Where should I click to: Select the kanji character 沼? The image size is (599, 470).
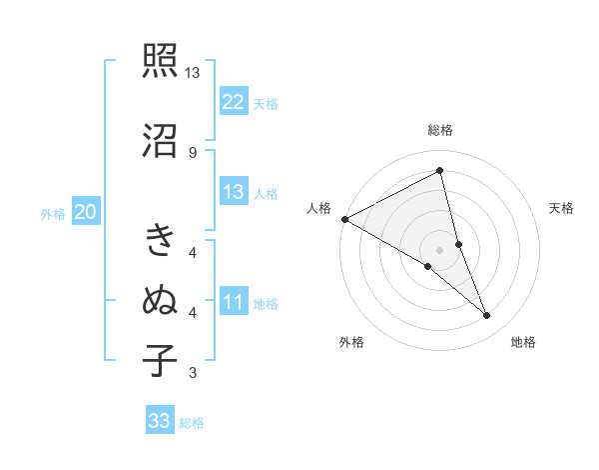click(160, 140)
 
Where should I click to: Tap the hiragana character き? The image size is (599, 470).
click(160, 240)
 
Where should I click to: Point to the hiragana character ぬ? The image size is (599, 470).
click(160, 299)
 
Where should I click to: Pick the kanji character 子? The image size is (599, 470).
click(160, 360)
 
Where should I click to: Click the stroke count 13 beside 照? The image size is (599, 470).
click(193, 73)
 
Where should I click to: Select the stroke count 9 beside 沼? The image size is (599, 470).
click(193, 152)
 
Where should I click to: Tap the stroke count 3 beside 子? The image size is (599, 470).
click(193, 373)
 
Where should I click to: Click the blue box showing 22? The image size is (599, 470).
click(234, 101)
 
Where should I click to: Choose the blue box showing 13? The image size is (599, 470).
click(234, 192)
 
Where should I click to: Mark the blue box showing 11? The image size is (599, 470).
click(234, 302)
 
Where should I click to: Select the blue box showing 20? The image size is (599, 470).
click(86, 211)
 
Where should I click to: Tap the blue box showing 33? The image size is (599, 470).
click(160, 421)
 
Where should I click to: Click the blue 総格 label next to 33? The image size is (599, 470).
click(192, 423)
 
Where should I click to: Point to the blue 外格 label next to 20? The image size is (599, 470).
click(53, 213)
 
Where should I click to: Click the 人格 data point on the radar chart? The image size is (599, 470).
click(344, 219)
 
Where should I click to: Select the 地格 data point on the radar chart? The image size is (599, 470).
click(487, 316)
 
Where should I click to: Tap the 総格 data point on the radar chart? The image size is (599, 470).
click(440, 170)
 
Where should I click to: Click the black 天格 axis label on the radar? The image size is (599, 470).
click(562, 208)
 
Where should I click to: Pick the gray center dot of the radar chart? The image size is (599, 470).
click(439, 248)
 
